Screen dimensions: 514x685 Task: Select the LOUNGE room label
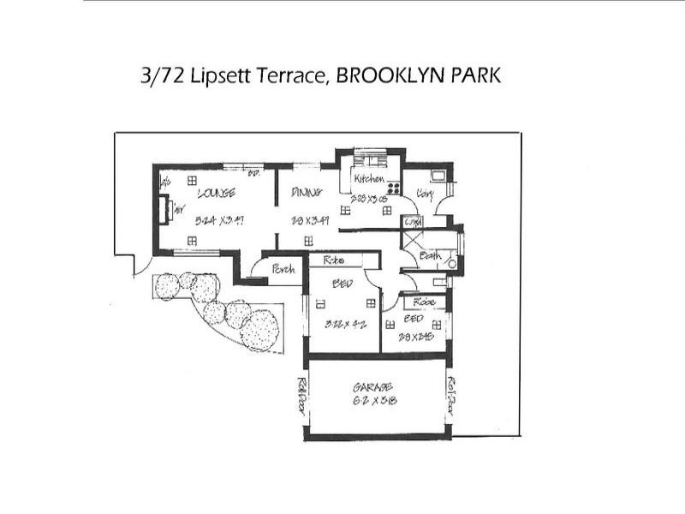[216, 194]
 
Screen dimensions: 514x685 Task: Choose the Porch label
[283, 269]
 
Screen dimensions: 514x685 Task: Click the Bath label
[431, 255]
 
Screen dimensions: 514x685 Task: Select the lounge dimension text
[216, 220]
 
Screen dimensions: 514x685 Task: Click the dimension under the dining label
[306, 220]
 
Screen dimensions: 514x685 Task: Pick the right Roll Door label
[450, 395]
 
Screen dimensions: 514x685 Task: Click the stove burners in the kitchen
[395, 188]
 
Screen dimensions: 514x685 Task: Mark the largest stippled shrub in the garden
[259, 330]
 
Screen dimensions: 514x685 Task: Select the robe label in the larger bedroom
[334, 259]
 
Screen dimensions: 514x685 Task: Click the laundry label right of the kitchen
[424, 195]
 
